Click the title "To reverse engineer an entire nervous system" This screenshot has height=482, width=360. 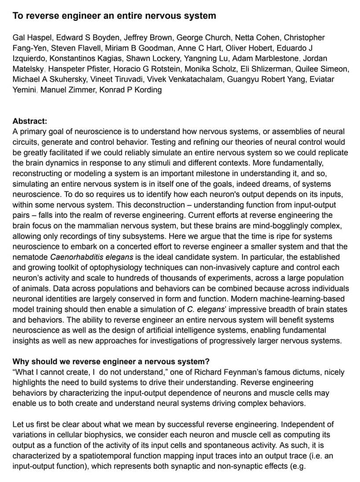[x=114, y=16]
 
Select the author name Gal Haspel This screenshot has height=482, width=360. [x=32, y=37]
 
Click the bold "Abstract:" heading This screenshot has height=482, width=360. [x=30, y=121]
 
